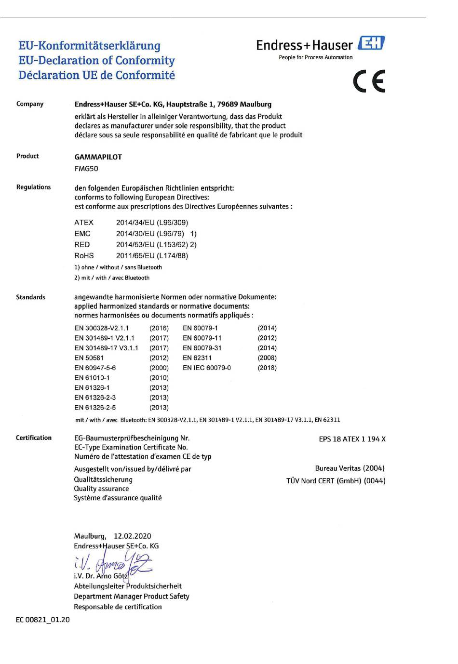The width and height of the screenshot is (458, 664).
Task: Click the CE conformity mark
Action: coord(369,81)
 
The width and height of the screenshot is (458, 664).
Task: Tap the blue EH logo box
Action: coord(371,43)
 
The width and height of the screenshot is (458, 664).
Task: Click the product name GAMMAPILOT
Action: coord(98,157)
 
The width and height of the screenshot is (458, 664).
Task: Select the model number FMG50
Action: coord(86,169)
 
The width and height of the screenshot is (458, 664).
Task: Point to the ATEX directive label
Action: coord(84,223)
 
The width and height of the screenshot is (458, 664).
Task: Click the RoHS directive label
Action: coord(84,256)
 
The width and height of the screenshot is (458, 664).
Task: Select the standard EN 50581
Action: coord(89,358)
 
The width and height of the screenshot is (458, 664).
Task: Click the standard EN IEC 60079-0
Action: coord(207,368)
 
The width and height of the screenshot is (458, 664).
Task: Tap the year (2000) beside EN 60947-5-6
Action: coord(159,368)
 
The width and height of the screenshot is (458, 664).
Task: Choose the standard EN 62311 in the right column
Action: coord(197,358)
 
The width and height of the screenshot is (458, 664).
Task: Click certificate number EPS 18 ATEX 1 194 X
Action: coord(352,439)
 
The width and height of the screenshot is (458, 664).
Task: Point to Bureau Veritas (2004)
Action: coord(350,468)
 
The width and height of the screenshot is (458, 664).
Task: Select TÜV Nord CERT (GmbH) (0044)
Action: coord(336,481)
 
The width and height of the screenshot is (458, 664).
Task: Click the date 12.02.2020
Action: coord(132,536)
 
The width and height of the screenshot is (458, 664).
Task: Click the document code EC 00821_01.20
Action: coord(43,620)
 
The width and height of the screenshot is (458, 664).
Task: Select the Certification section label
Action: coord(34,438)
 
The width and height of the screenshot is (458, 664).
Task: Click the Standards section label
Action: coord(30,297)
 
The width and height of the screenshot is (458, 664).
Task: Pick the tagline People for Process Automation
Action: coord(315,57)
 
